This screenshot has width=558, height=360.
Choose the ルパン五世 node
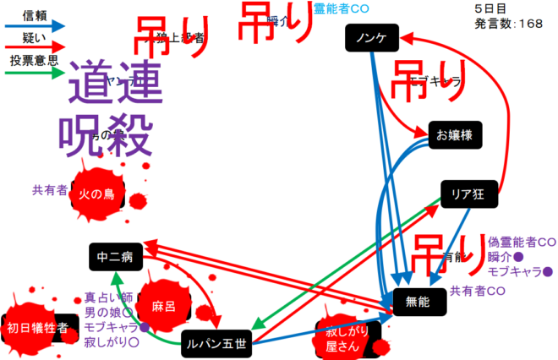click(217, 342)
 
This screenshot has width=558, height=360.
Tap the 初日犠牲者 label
click(37, 328)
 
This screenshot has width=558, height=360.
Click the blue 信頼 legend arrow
click(36, 26)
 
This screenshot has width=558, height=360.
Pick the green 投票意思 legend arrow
click(36, 73)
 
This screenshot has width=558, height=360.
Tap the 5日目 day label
click(490, 8)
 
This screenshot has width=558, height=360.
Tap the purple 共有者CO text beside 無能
click(478, 292)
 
